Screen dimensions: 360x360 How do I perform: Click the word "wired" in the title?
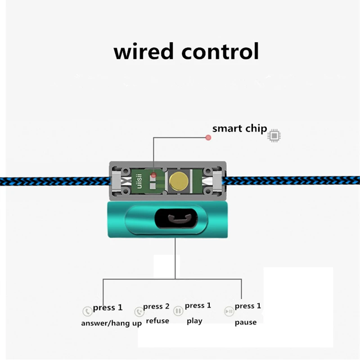[x=144, y=51]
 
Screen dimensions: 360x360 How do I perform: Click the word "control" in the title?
[x=220, y=51]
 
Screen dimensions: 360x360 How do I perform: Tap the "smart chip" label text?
[x=239, y=129]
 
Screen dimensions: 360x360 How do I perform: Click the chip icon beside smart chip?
[x=274, y=136]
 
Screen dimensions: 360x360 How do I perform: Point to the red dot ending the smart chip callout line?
[x=208, y=138]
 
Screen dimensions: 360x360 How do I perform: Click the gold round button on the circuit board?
[x=179, y=181]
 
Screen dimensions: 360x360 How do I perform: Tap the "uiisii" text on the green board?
[x=139, y=181]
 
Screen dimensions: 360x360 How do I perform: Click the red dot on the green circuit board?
[x=153, y=175]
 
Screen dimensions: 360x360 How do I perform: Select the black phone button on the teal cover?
[x=177, y=219]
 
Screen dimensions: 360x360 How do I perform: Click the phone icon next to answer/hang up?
[x=87, y=311]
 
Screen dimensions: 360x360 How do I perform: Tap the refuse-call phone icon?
[x=139, y=312]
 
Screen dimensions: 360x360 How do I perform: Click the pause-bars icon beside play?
[x=178, y=311]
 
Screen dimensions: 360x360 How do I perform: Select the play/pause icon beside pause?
[x=229, y=311]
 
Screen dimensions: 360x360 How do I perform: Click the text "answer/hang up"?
[x=111, y=323]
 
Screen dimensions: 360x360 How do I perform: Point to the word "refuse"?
[x=157, y=320]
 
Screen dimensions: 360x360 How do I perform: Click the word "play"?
[x=194, y=321]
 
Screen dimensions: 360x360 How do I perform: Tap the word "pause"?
[x=246, y=322]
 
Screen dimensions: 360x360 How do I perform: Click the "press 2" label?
[x=156, y=306]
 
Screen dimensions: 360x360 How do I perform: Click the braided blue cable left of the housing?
[x=55, y=181]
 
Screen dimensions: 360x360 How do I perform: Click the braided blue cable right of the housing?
[x=291, y=180]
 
